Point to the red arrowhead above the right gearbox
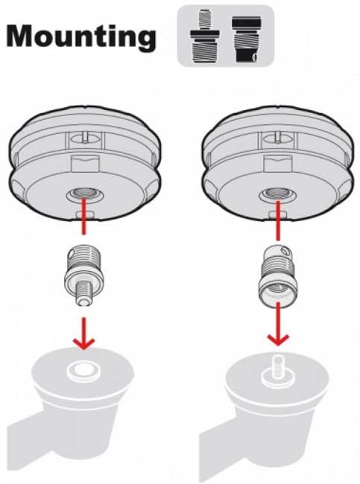tap(280, 338)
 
